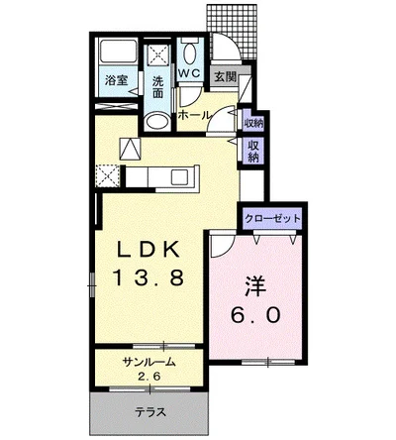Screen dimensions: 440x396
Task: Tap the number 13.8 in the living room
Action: click(149, 278)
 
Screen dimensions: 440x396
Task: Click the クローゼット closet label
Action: click(269, 219)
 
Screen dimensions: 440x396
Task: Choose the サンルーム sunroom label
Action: click(149, 363)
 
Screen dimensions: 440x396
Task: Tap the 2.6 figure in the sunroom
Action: click(149, 377)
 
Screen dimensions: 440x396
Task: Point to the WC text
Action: click(190, 72)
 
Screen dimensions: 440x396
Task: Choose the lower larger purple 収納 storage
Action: click(253, 151)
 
